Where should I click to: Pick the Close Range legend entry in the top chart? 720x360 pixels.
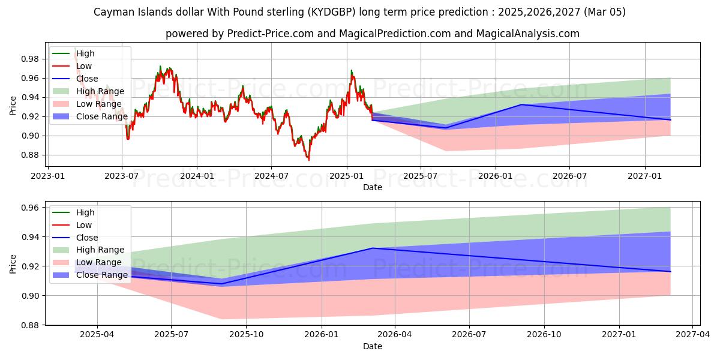[x=101, y=116]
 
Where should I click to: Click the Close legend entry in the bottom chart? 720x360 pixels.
[x=87, y=238]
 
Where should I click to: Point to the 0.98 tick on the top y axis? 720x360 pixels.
[x=30, y=59]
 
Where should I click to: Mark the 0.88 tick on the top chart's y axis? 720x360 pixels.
[x=30, y=155]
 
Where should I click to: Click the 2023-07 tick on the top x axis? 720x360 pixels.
[x=122, y=176]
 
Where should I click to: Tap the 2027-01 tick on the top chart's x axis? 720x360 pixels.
[x=645, y=176]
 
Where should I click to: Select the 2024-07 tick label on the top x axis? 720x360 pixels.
[x=271, y=176]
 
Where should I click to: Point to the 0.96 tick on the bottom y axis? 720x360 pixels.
[x=30, y=208]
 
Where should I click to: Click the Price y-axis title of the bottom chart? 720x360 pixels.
[x=13, y=263]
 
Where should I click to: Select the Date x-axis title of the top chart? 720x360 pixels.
[x=372, y=187]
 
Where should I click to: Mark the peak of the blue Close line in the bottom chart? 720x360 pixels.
[x=372, y=248]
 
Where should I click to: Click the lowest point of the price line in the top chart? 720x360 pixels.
[x=309, y=160]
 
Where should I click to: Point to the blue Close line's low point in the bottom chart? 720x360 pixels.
[x=223, y=284]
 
